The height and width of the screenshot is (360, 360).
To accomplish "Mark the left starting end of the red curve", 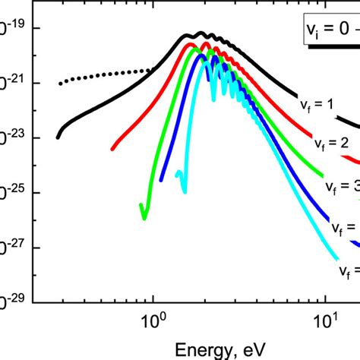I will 112,148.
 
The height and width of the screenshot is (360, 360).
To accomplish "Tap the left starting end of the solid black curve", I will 58,137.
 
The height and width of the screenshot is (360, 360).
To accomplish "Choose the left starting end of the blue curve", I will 162,180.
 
